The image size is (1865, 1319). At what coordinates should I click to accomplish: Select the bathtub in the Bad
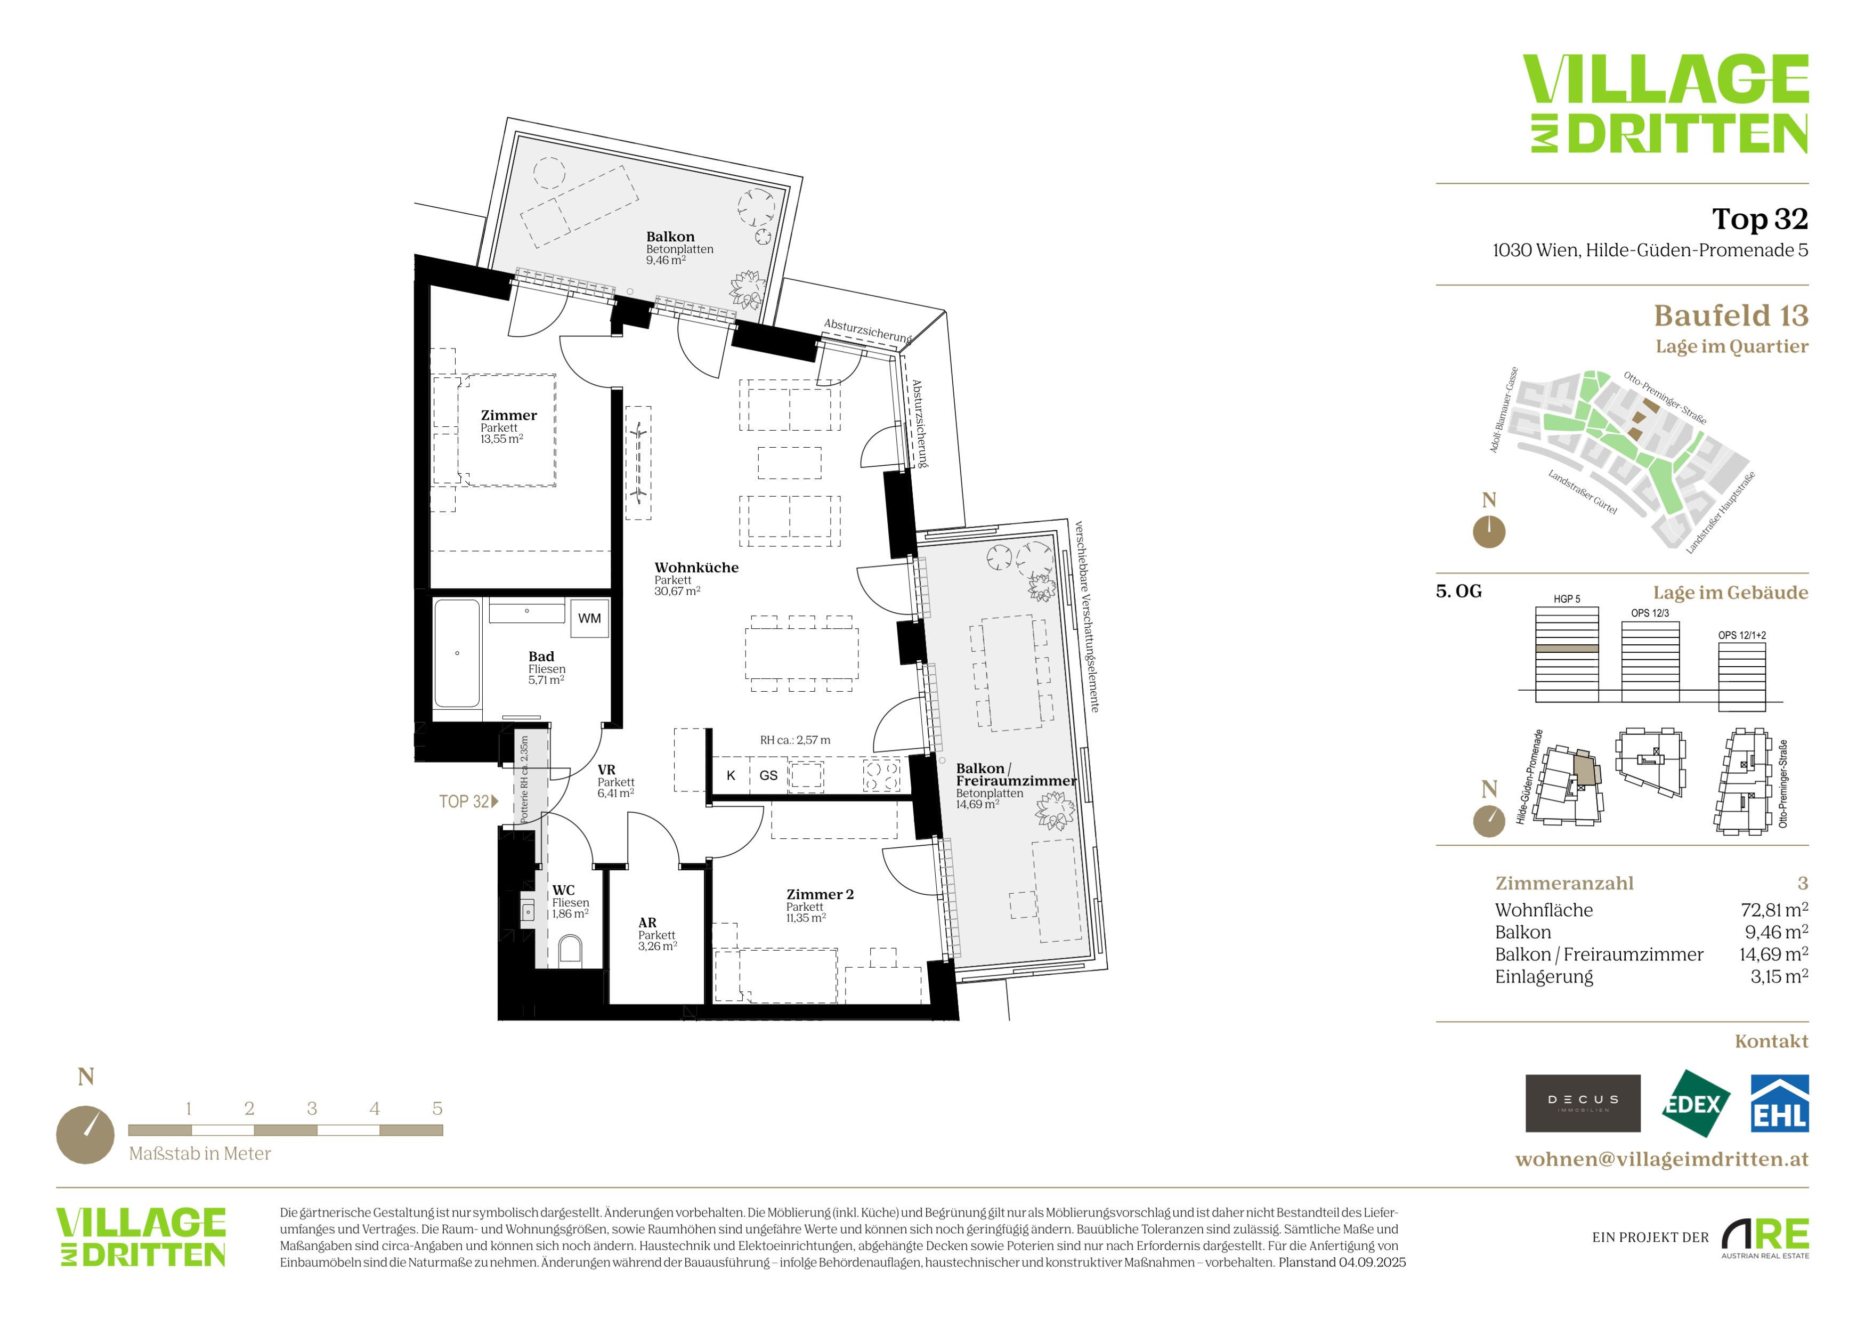pyautogui.click(x=457, y=654)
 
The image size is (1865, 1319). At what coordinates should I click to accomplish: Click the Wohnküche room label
pyautogui.click(x=696, y=568)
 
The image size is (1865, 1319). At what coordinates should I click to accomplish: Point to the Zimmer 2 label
pyautogui.click(x=820, y=894)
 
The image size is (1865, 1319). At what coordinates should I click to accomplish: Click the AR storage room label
pyautogui.click(x=647, y=923)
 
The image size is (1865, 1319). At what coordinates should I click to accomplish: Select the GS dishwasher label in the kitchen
pyautogui.click(x=768, y=775)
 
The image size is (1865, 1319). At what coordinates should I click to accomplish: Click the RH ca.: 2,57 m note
pyautogui.click(x=795, y=740)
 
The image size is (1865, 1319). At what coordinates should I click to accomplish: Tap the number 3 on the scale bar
pyautogui.click(x=312, y=1108)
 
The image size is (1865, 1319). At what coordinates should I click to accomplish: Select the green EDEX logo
pyautogui.click(x=1695, y=1103)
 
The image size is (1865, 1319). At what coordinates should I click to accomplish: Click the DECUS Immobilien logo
pyautogui.click(x=1583, y=1103)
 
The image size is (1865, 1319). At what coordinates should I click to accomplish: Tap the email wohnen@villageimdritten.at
pyautogui.click(x=1662, y=1159)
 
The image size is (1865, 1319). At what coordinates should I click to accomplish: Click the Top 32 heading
pyautogui.click(x=1760, y=219)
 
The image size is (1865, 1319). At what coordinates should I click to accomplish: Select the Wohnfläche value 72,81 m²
pyautogui.click(x=1774, y=910)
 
